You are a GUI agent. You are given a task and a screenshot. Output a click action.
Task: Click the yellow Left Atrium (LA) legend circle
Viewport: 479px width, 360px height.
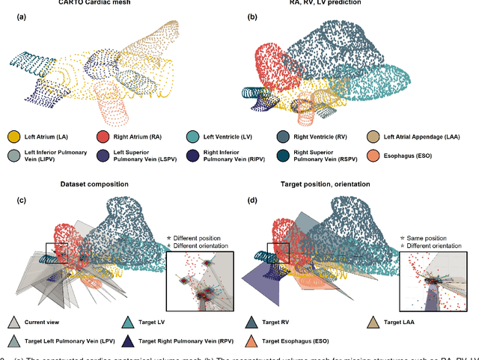pyautogui.click(x=14, y=137)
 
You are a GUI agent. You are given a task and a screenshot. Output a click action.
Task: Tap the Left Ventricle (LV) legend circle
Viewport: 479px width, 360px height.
pyautogui.click(x=192, y=137)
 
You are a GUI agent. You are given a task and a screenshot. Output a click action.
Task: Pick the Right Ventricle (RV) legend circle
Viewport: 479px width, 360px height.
pyautogui.click(x=284, y=137)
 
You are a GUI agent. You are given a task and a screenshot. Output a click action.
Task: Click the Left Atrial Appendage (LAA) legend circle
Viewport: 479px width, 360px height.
pyautogui.click(x=374, y=137)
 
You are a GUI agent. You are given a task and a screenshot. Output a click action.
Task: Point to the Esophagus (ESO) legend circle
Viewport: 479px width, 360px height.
pyautogui.click(x=374, y=157)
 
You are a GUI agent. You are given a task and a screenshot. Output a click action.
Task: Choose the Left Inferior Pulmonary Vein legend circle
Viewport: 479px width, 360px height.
pyautogui.click(x=14, y=157)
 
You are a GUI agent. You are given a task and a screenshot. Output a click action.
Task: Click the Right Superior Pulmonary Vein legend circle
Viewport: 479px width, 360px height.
pyautogui.click(x=284, y=157)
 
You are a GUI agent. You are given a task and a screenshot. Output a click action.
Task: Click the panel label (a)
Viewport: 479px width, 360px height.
pyautogui.click(x=13, y=16)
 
